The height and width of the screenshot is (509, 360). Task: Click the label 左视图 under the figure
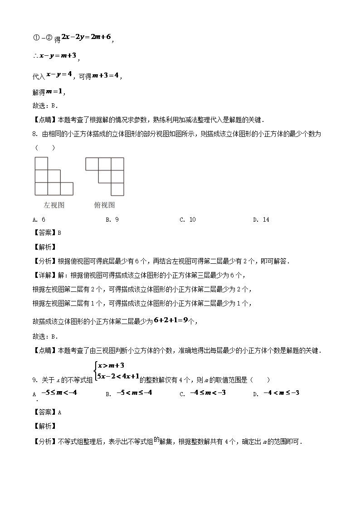point(54,205)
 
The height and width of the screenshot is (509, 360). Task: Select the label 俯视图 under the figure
point(104,205)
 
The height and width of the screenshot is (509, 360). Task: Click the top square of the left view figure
point(41,163)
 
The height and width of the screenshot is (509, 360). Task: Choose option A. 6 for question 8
point(39,219)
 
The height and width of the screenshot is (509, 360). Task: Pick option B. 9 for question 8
point(112,219)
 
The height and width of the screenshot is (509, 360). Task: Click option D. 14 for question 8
point(261,219)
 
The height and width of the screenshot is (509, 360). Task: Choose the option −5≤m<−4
point(59,393)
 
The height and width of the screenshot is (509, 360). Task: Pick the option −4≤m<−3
point(208,393)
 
